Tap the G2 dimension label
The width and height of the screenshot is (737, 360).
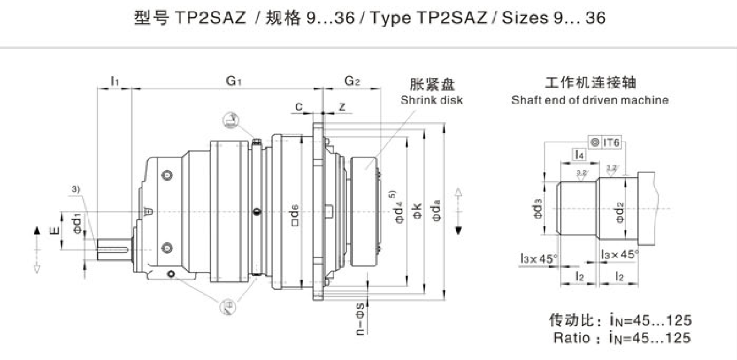pyautogui.click(x=352, y=82)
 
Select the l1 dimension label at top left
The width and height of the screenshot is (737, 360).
pyautogui.click(x=114, y=82)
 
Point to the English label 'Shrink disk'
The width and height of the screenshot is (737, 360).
pyautogui.click(x=431, y=100)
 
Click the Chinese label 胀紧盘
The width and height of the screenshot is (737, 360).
pyautogui.click(x=432, y=85)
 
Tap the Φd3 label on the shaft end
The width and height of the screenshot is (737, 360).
pyautogui.click(x=538, y=208)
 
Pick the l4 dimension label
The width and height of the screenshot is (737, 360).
pyautogui.click(x=578, y=153)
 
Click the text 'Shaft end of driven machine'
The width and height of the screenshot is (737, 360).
pyautogui.click(x=590, y=100)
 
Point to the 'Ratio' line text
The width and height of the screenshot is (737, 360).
pyautogui.click(x=622, y=338)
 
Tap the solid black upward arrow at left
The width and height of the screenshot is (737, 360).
pyautogui.click(x=37, y=230)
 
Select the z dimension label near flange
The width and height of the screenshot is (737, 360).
pyautogui.click(x=341, y=107)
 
